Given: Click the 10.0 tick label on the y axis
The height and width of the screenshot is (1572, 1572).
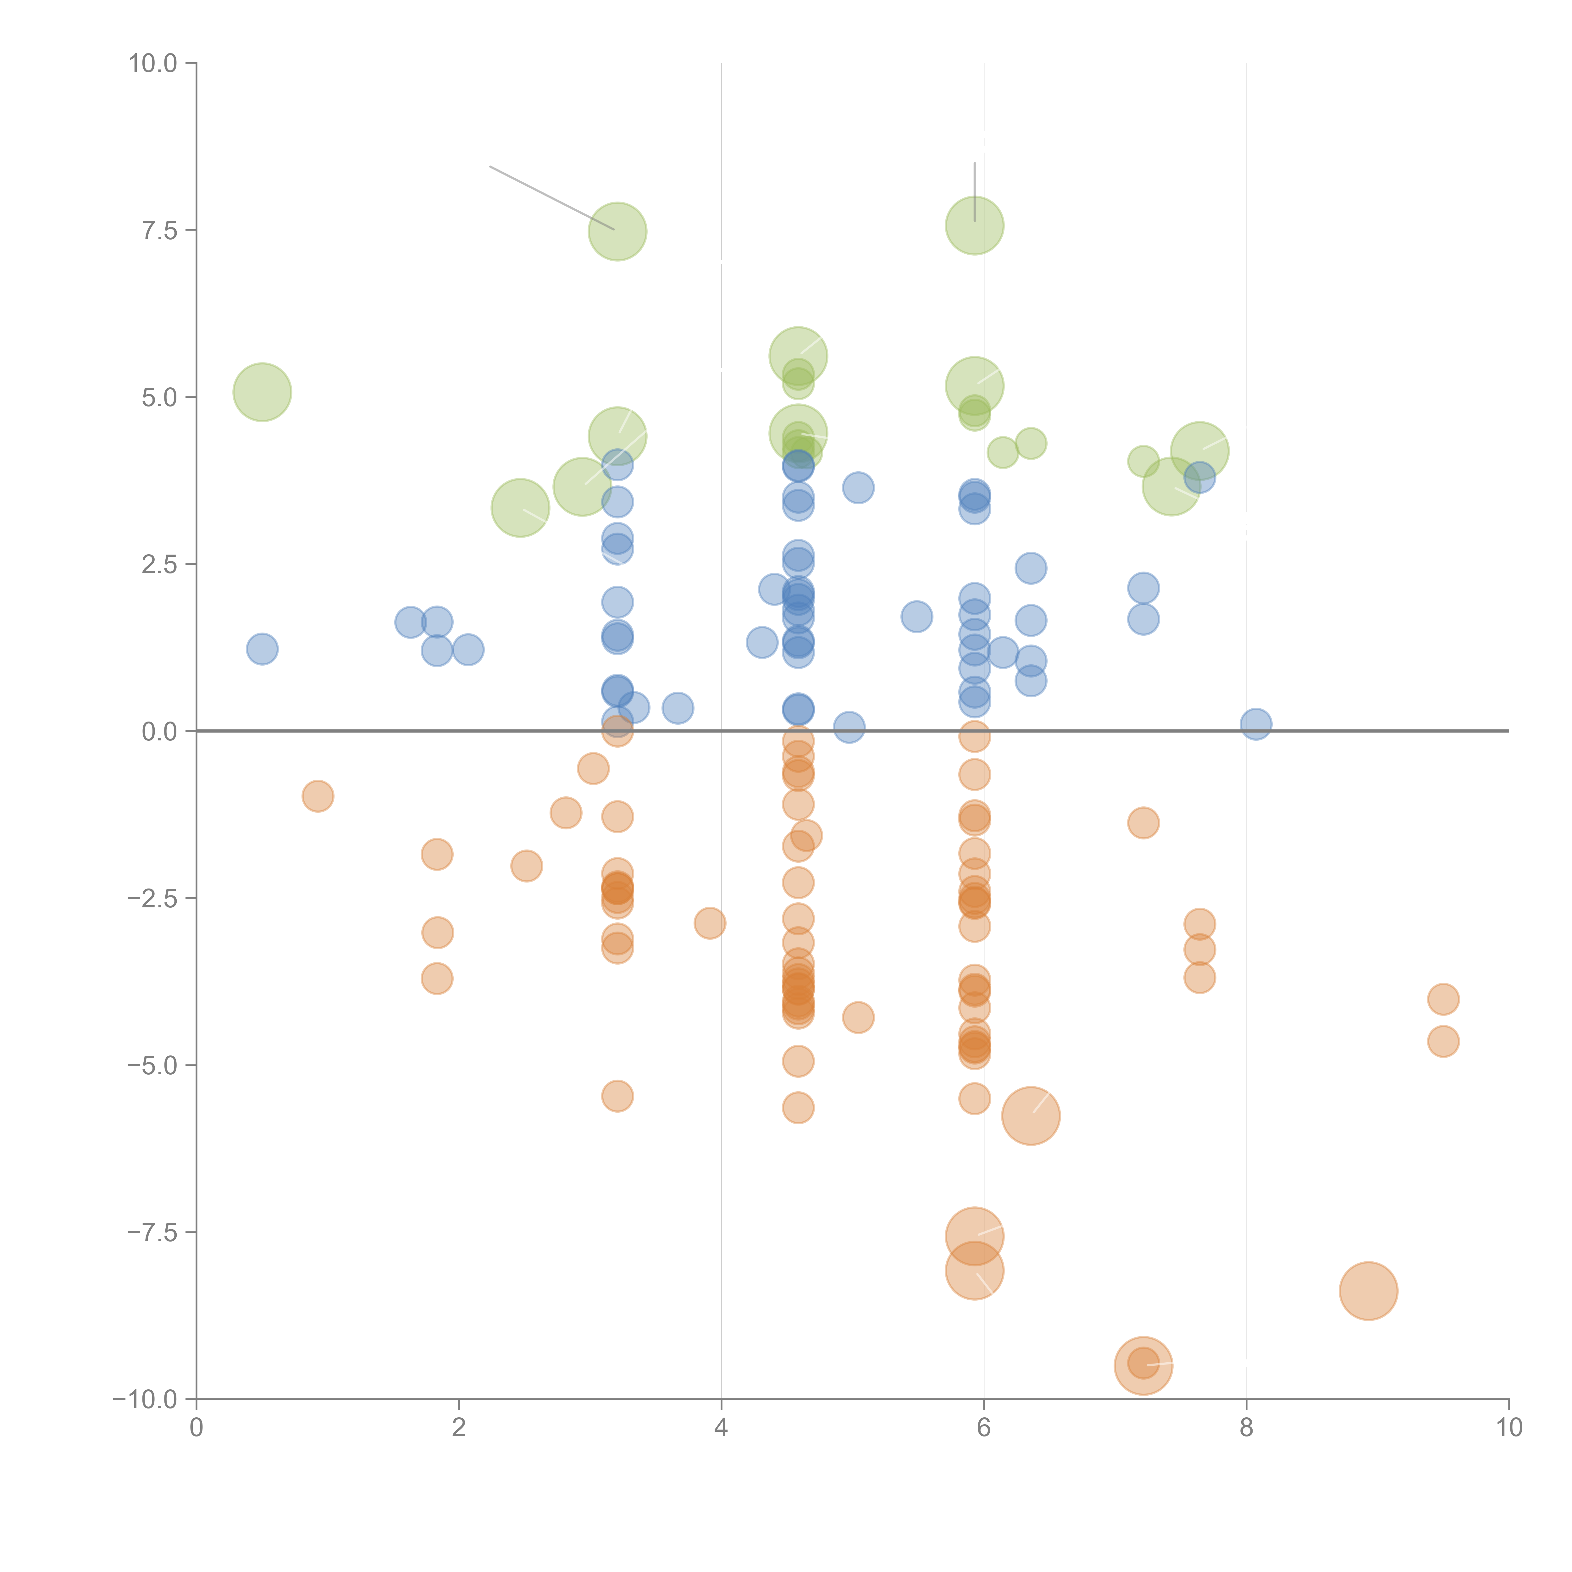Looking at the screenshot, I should [x=153, y=64].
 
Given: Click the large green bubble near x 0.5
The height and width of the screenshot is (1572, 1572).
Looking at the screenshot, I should [x=262, y=392].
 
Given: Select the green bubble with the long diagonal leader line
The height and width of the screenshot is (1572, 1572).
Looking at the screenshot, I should [x=617, y=231].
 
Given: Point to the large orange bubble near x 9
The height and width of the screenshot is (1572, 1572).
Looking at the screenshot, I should [x=1369, y=1291].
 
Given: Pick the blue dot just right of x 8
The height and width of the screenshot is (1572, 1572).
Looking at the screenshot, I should [x=1256, y=723].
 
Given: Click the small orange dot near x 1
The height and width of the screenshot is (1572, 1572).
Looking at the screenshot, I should [x=317, y=796].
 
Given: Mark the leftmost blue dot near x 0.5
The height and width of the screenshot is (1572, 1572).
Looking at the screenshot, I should [x=262, y=649].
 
